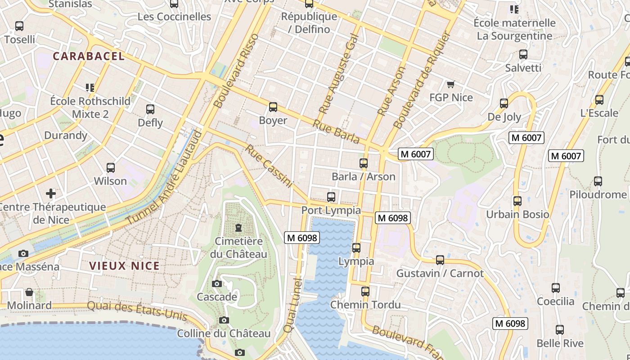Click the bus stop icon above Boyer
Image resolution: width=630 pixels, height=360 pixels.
[x=273, y=107]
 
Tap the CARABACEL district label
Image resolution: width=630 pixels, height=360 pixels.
[x=89, y=56]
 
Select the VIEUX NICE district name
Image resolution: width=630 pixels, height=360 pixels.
[x=125, y=266]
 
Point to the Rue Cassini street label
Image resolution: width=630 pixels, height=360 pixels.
[x=269, y=166]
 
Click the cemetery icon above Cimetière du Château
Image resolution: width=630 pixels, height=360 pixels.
[x=238, y=227]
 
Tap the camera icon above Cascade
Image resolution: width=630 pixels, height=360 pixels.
[x=217, y=283]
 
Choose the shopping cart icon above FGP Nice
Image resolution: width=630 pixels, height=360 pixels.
[x=450, y=84]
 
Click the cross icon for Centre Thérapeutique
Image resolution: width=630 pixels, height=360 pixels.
[x=51, y=193]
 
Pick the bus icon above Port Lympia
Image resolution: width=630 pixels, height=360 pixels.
[x=331, y=197]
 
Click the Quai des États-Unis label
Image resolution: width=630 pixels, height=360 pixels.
[x=137, y=310]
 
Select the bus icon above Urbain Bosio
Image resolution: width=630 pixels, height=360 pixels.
[x=517, y=201]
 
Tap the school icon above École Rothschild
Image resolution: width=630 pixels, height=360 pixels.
[x=90, y=87]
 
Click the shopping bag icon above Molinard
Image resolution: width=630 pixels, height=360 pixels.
[x=29, y=292]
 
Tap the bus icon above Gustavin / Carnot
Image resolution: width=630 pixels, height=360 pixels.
[x=440, y=260]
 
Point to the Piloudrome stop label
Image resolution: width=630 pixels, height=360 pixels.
[x=598, y=195]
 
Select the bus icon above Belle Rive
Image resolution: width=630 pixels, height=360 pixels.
[x=560, y=330]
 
